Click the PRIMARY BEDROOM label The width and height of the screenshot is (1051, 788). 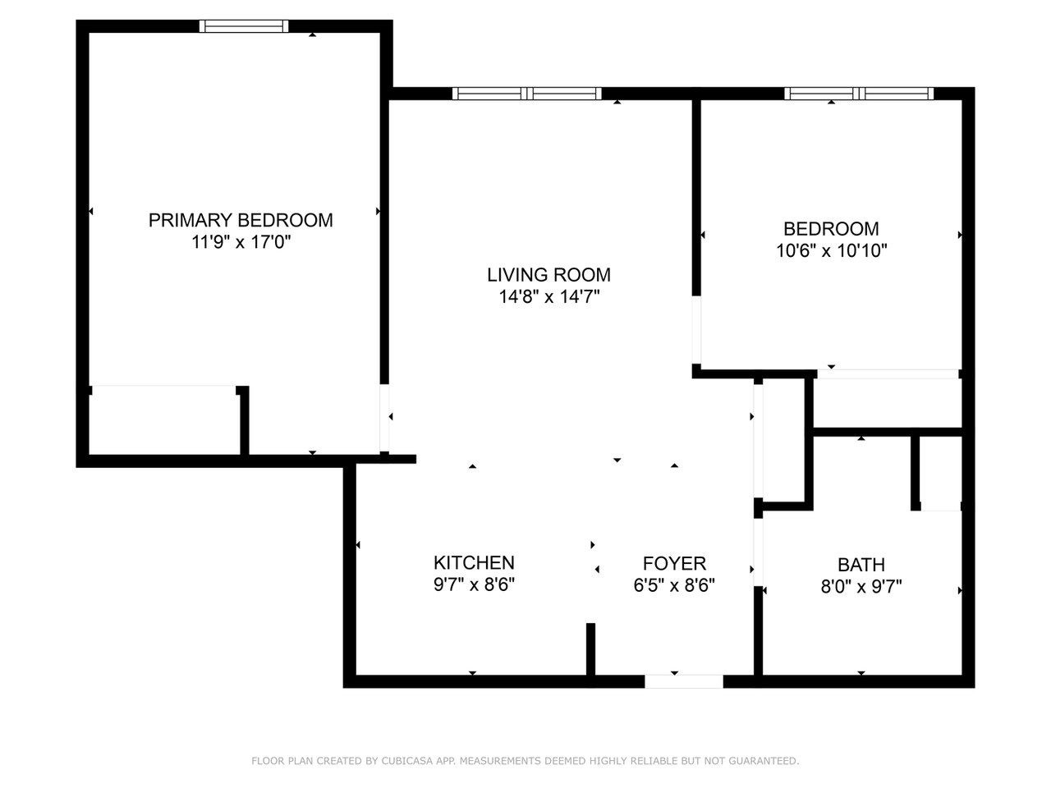pyautogui.click(x=241, y=220)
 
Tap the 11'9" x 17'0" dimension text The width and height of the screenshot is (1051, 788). pyautogui.click(x=241, y=242)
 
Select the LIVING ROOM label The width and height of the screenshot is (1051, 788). pyautogui.click(x=548, y=275)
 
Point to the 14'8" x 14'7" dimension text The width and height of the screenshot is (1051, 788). pyautogui.click(x=548, y=297)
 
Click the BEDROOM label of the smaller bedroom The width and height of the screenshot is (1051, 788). pyautogui.click(x=831, y=229)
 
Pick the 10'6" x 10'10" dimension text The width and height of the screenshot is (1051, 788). pyautogui.click(x=831, y=251)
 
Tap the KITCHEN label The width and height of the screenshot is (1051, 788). pyautogui.click(x=474, y=563)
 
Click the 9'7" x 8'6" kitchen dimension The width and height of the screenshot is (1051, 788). pyautogui.click(x=474, y=585)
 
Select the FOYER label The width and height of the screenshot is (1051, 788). pyautogui.click(x=674, y=564)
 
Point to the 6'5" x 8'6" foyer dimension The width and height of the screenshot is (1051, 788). pyautogui.click(x=674, y=586)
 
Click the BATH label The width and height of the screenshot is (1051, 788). pyautogui.click(x=861, y=565)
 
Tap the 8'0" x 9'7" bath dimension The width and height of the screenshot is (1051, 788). pyautogui.click(x=861, y=587)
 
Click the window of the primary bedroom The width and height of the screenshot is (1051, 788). pyautogui.click(x=244, y=26)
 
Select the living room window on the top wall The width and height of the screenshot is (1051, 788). pyautogui.click(x=526, y=94)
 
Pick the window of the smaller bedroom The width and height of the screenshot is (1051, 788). pyautogui.click(x=859, y=94)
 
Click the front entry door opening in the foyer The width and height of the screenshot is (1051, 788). pyautogui.click(x=683, y=681)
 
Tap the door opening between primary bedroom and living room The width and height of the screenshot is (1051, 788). pyautogui.click(x=384, y=418)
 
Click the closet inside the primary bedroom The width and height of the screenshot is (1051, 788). pyautogui.click(x=164, y=419)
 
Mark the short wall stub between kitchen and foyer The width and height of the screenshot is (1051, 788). pyautogui.click(x=590, y=649)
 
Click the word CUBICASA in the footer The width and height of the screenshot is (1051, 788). pyautogui.click(x=408, y=761)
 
